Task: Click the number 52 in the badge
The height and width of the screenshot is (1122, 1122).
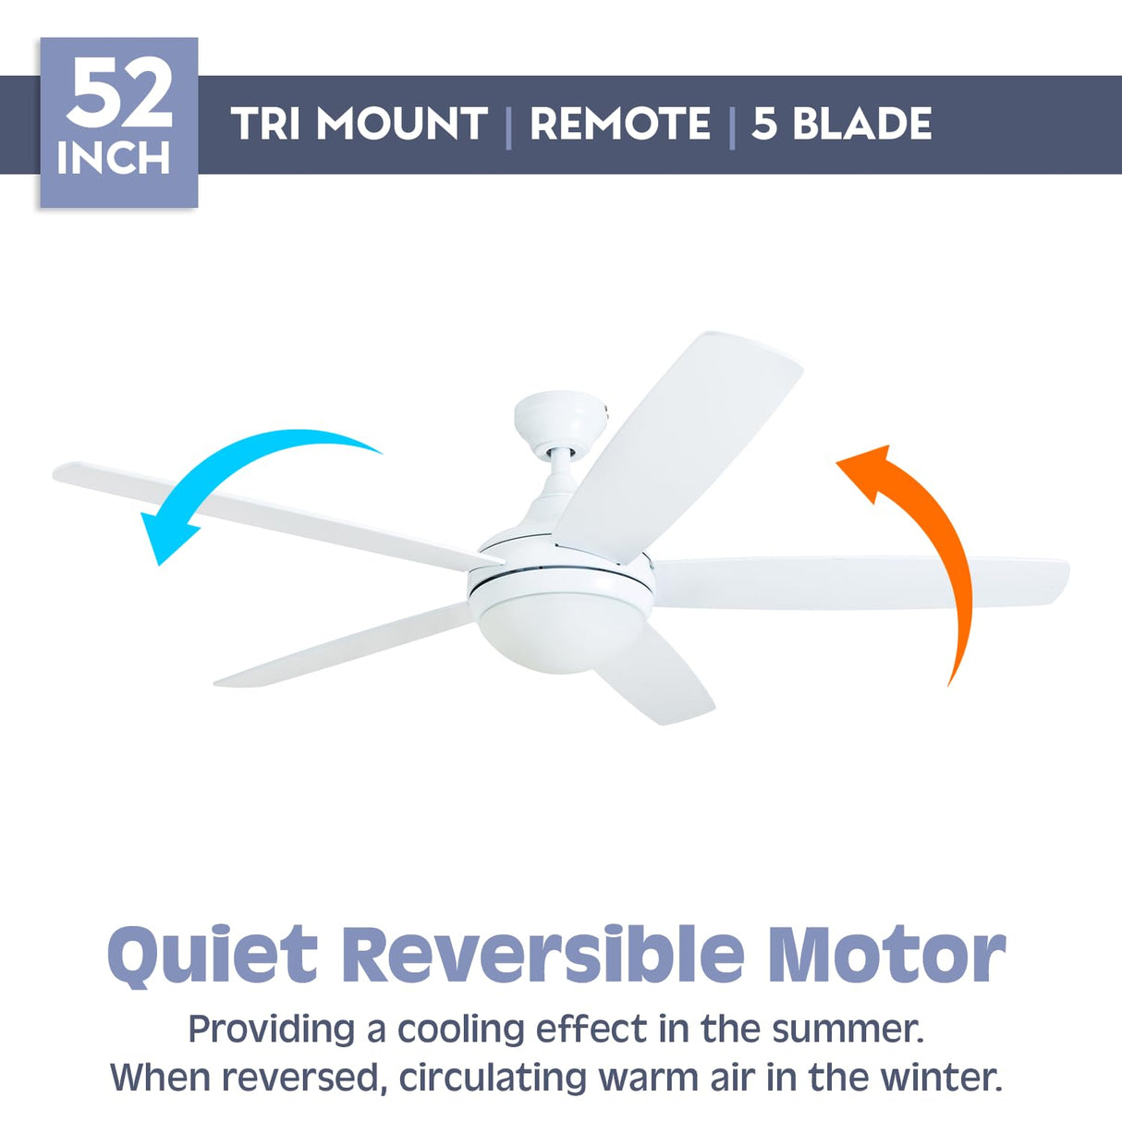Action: tap(119, 94)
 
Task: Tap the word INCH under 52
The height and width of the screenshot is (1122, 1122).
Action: tap(114, 158)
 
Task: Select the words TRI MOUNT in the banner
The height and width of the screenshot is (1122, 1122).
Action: tap(359, 124)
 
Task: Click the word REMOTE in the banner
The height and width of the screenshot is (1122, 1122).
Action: tap(619, 124)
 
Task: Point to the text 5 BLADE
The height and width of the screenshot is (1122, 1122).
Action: tap(841, 124)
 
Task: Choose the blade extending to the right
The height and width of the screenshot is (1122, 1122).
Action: tap(860, 582)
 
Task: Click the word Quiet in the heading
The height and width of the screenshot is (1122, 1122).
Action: tap(212, 955)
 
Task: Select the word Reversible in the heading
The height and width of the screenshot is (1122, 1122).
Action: tap(543, 953)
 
